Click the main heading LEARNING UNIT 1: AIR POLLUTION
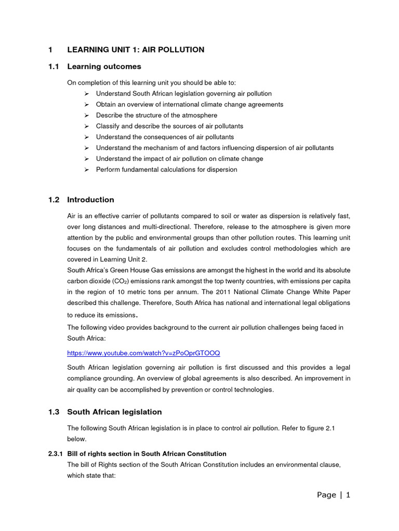pyautogui.click(x=136, y=50)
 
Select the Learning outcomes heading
pyautogui.click(x=104, y=67)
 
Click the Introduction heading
pyautogui.click(x=90, y=200)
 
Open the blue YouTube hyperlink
pyautogui.click(x=143, y=353)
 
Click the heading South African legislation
pyautogui.click(x=114, y=412)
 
